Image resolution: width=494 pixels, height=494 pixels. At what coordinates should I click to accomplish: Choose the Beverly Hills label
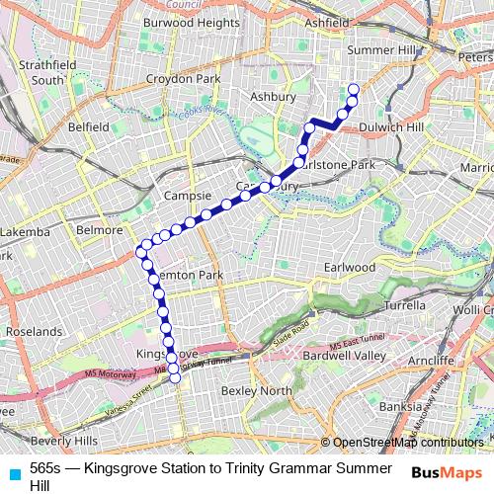point(64,440)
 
